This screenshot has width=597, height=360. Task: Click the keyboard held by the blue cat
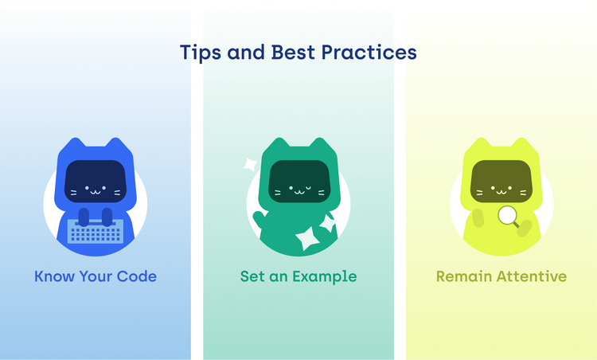coord(95,231)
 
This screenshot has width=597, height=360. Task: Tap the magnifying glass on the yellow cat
coord(506,214)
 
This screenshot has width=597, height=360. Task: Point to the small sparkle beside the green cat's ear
coord(250,165)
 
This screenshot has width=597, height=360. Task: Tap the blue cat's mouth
coord(95,191)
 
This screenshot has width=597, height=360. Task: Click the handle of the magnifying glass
coord(516,225)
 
